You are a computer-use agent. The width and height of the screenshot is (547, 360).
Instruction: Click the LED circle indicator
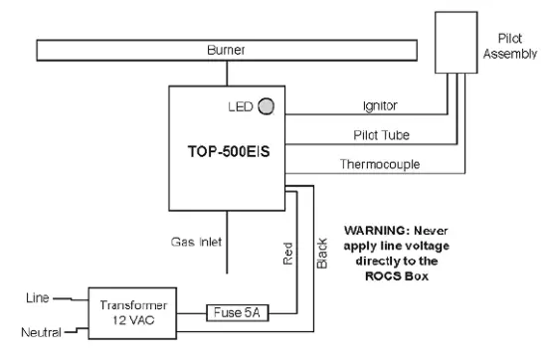[x=267, y=104]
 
